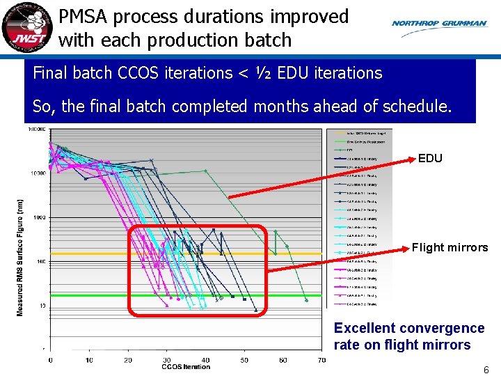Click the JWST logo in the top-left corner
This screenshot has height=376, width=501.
[26, 27]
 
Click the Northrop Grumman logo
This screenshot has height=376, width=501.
[439, 23]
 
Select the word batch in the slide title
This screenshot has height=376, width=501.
[267, 40]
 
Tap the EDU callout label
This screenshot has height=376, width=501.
[430, 159]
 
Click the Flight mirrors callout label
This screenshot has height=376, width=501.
[450, 247]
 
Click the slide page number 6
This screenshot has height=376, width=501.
[486, 370]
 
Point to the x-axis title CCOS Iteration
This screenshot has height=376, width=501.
[185, 367]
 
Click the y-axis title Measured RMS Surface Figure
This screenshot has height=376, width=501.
[20, 258]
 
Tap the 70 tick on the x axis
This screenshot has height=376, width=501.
[321, 359]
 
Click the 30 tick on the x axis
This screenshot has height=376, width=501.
[166, 359]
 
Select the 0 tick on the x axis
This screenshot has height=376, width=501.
[50, 359]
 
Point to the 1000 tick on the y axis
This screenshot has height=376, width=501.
[37, 217]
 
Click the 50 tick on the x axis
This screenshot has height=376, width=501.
[244, 359]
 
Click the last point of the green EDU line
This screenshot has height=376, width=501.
[306, 299]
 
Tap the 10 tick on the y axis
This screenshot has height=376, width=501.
[42, 306]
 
